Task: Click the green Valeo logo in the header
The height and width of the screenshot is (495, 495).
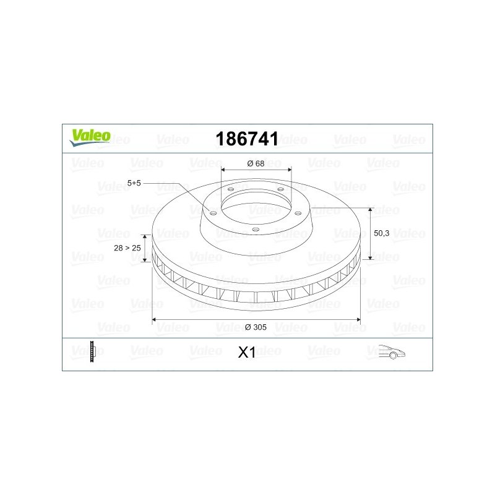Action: pyautogui.click(x=90, y=138)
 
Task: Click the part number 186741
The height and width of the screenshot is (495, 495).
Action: pyautogui.click(x=247, y=139)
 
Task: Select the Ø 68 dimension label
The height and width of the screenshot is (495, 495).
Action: pyautogui.click(x=256, y=163)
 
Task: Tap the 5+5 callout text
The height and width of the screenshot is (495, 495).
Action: pyautogui.click(x=134, y=183)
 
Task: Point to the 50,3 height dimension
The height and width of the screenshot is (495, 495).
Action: pyautogui.click(x=381, y=233)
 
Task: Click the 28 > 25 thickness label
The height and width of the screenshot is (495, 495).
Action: pyautogui.click(x=127, y=248)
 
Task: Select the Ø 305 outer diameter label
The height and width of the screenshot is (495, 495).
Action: pyautogui.click(x=256, y=327)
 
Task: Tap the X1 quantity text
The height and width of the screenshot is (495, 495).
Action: pyautogui.click(x=247, y=353)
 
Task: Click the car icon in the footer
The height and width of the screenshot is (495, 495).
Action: pyautogui.click(x=392, y=351)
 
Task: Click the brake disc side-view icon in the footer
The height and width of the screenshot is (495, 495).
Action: pyautogui.click(x=92, y=351)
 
